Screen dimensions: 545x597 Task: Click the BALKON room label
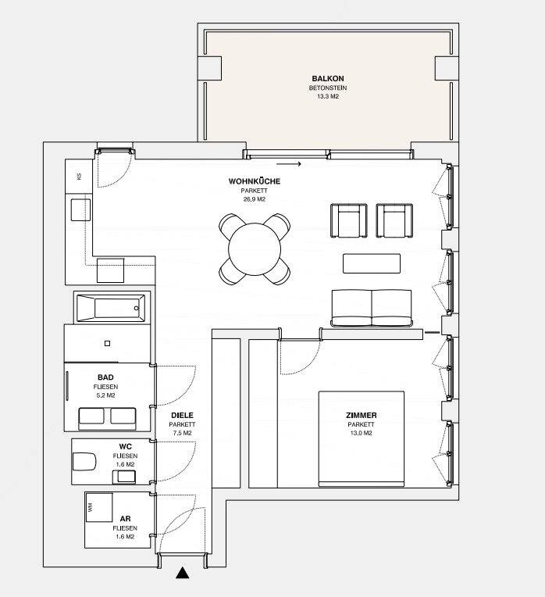coord(328,78)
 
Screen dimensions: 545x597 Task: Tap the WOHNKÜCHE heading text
coord(254,181)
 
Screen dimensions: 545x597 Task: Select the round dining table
coord(255,249)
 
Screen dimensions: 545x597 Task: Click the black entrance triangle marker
coord(183,573)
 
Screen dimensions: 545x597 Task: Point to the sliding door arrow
coord(289,164)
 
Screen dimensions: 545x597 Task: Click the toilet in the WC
coord(84,462)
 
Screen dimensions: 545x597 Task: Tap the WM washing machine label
coord(90,507)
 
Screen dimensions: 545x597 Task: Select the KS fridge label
coord(79,177)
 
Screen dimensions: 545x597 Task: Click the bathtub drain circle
coord(136,308)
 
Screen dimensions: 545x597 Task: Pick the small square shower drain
coord(107,343)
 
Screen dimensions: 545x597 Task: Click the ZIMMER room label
coord(362,416)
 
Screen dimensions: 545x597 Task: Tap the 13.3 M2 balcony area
coord(328,96)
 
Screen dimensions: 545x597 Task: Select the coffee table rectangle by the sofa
coord(372,263)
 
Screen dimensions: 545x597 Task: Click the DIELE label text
coord(182,416)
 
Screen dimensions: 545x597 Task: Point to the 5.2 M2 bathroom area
coord(105,395)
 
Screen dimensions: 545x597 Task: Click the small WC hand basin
coord(124,477)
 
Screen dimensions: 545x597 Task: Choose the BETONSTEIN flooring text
coord(328,88)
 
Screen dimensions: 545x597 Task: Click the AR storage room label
coord(125,519)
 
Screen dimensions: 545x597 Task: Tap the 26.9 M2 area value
coord(254,199)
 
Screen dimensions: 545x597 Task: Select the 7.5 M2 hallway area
coord(182,433)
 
